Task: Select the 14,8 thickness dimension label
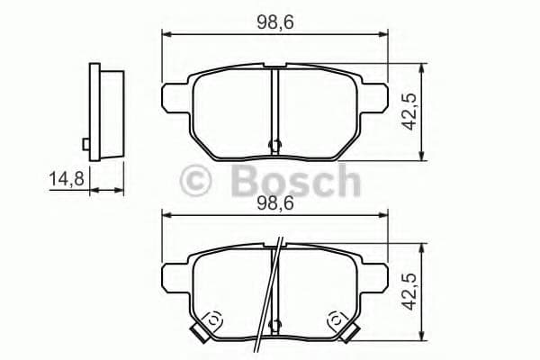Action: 66,178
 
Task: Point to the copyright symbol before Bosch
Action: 197,180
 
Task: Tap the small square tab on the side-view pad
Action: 85,144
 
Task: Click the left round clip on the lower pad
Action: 213,319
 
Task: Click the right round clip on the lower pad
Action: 337,319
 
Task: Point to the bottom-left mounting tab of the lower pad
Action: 197,334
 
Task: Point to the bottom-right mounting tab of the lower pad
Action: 352,334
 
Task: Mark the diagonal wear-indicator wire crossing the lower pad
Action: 268,297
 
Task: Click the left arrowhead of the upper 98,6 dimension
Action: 166,34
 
